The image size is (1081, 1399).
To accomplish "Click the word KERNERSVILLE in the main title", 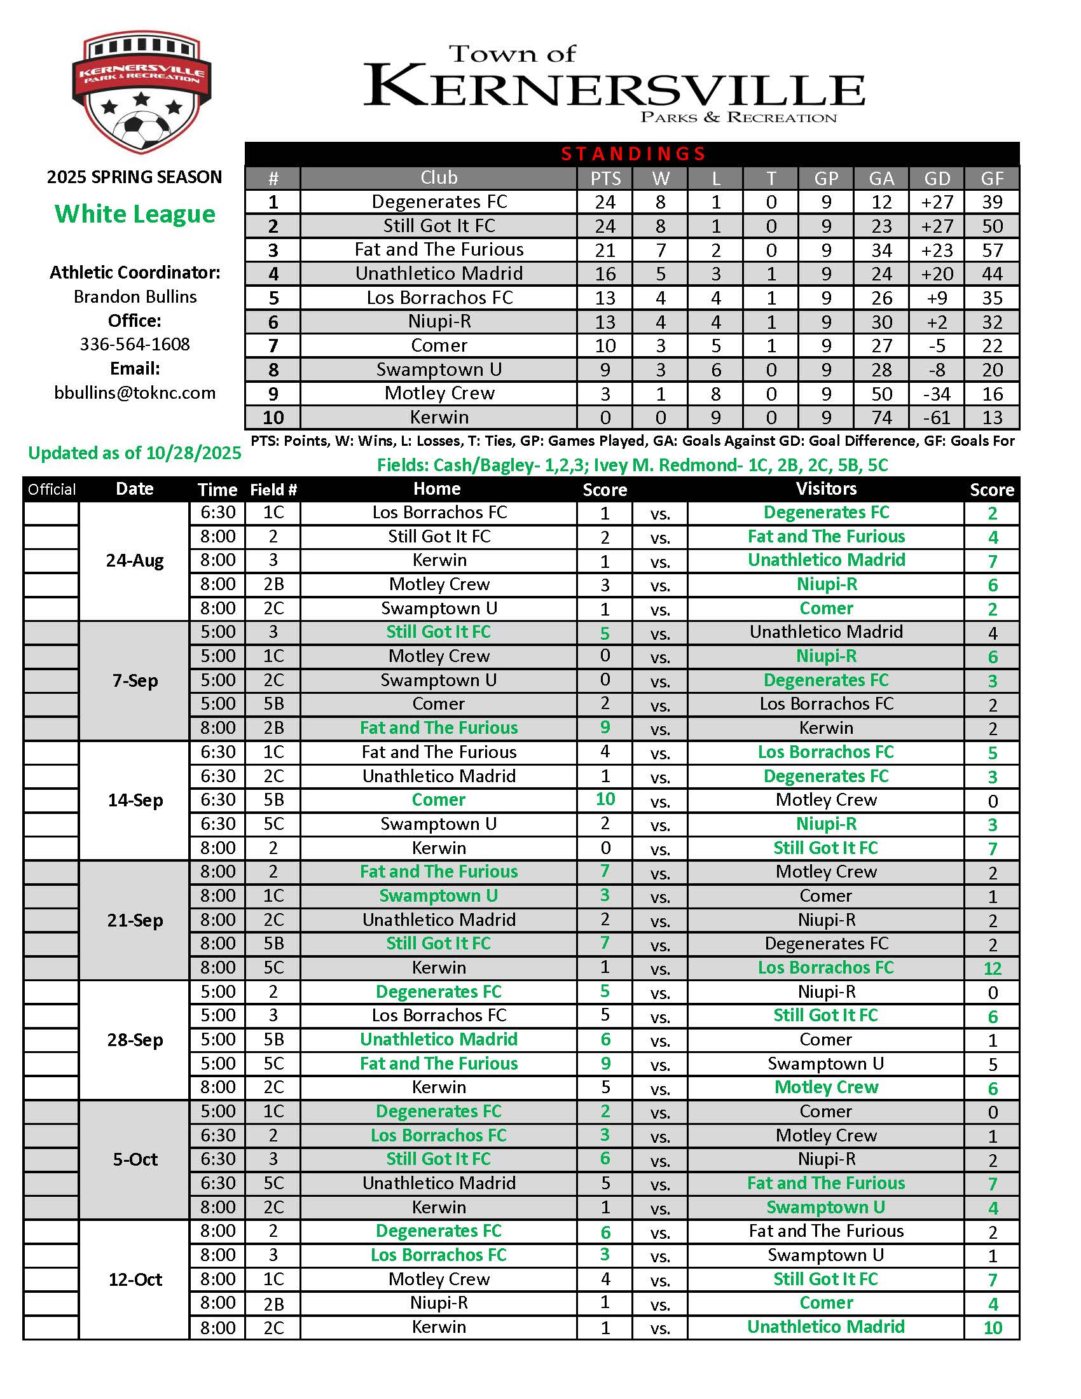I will tap(614, 86).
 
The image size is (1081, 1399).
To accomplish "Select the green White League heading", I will tap(134, 214).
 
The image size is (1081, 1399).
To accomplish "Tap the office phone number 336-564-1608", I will tap(134, 345).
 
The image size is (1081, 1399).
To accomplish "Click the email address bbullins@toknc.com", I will tap(134, 392).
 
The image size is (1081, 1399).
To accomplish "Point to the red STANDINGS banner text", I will tap(633, 154).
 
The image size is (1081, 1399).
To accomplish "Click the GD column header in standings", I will tap(937, 178).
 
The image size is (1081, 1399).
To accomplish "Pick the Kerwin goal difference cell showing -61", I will tap(937, 418).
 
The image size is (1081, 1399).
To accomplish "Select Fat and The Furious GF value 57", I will tap(992, 250).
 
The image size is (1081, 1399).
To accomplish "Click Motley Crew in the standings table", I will tap(439, 393).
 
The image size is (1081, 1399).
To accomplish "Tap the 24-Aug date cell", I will tap(134, 560).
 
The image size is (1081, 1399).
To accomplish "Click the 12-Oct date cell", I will tap(134, 1280).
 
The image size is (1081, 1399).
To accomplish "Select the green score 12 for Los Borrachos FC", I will tap(992, 968).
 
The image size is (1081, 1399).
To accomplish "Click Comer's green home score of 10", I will tap(605, 799).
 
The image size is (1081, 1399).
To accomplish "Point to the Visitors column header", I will tap(825, 489).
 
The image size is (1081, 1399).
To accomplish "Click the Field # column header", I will tap(273, 490).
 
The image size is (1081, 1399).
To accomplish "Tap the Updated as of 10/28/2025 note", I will tap(134, 453).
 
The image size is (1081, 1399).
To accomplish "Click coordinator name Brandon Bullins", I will tap(134, 296).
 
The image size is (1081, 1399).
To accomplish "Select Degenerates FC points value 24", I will tap(605, 202).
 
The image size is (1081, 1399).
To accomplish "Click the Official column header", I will tap(52, 490).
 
